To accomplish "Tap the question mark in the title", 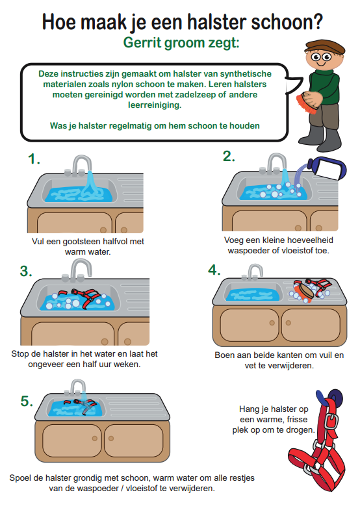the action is [317, 21].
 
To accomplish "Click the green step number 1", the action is [34, 159].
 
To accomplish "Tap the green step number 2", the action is [229, 156].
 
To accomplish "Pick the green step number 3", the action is [26, 271].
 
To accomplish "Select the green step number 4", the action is [214, 270].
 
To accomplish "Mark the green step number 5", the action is [27, 401].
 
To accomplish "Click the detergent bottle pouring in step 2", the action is [326, 168].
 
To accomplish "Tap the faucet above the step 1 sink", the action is [81, 165].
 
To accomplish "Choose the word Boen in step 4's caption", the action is [224, 355].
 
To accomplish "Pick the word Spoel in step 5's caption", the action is [20, 478].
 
